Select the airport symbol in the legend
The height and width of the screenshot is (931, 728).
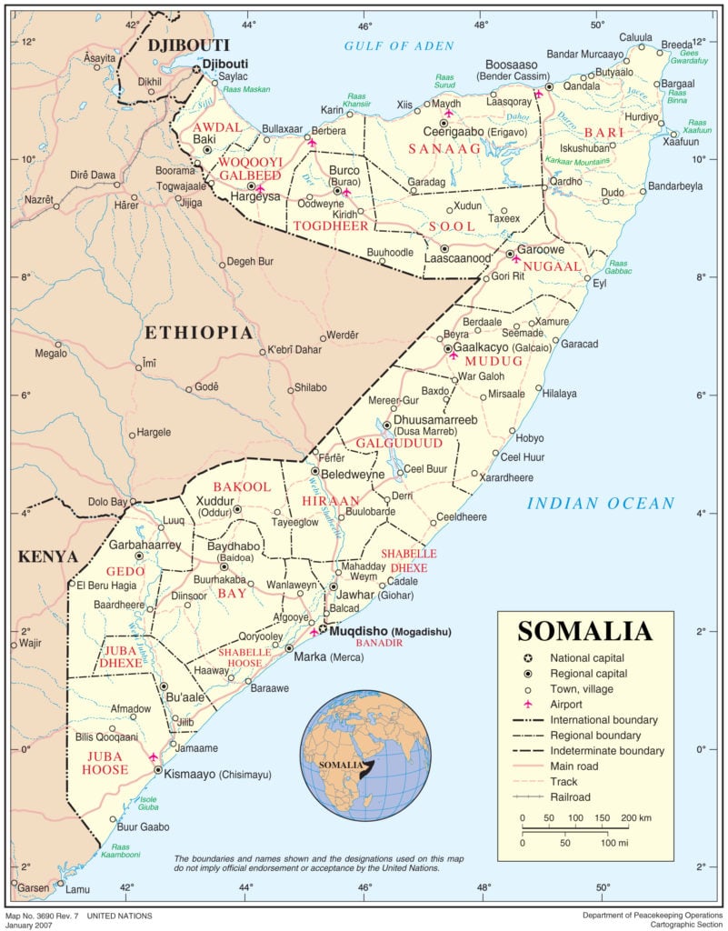click(528, 704)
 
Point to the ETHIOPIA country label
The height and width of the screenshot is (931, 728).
click(198, 333)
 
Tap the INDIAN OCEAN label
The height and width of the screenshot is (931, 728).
click(602, 503)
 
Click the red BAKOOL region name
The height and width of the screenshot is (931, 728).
click(241, 487)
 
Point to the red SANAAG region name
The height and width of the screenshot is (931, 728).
click(443, 148)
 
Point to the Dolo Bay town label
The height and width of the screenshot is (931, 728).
click(107, 502)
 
